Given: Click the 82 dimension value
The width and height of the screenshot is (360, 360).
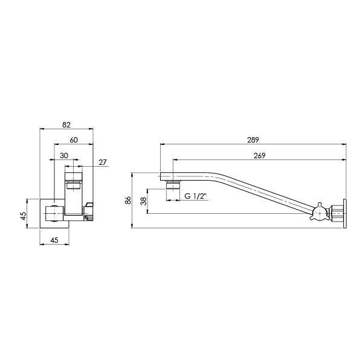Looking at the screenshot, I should pos(66,124).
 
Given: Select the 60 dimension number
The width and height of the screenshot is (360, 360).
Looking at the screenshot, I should pos(74,140).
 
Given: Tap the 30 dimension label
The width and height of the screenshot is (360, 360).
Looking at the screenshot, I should pos(63,155).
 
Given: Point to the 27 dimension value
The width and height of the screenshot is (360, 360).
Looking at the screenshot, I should pos(102,162).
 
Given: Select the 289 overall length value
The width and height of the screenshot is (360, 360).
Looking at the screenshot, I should pos(252,140).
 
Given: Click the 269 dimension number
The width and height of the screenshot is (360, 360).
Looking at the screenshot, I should pos(259,155).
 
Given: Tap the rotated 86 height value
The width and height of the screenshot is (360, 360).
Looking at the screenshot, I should pos(127,200).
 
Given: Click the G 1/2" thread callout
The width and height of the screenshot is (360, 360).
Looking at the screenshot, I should pos(196,197).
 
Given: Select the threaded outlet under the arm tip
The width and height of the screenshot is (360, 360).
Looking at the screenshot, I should pos(173,184).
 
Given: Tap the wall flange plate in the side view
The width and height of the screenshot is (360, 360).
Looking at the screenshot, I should pos(344,213).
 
